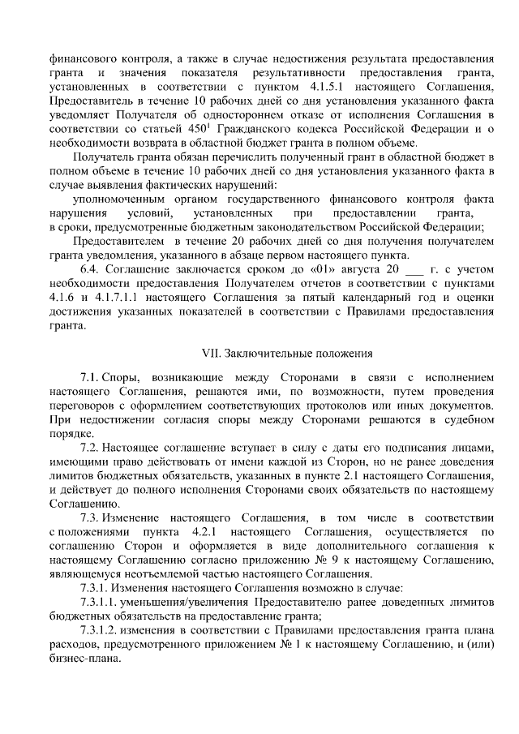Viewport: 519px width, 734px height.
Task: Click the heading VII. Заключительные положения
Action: click(286, 354)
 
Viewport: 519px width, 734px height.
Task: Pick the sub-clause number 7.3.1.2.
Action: click(101, 629)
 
